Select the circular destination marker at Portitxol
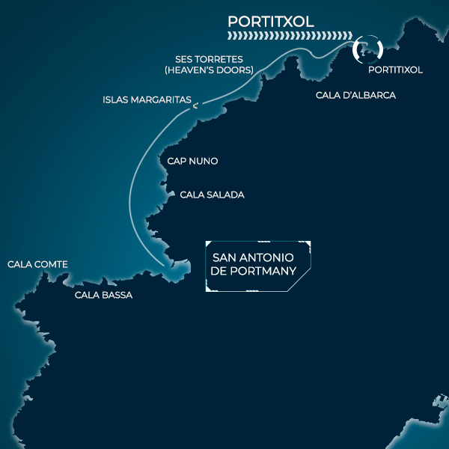coord(367,49)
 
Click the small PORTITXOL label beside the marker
coord(396,70)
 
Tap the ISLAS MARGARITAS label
coord(147,99)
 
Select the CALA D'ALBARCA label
coord(355,95)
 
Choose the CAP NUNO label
coord(192,161)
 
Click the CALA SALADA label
coord(212,195)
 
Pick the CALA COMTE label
coord(37,264)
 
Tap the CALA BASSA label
coord(103,295)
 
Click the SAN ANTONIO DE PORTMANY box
coord(258,265)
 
